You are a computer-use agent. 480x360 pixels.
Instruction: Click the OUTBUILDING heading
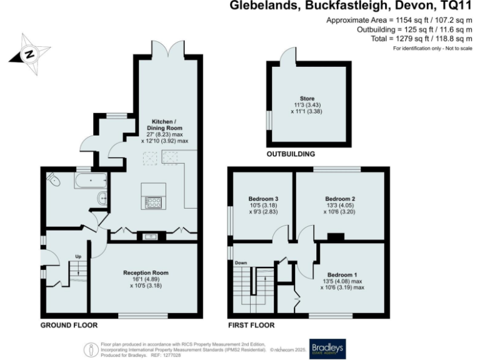click(291, 154)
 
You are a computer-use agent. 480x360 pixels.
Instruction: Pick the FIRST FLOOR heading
click(251, 325)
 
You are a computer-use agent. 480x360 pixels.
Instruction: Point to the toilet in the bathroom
click(53, 181)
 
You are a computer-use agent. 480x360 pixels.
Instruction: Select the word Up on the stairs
click(79, 257)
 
